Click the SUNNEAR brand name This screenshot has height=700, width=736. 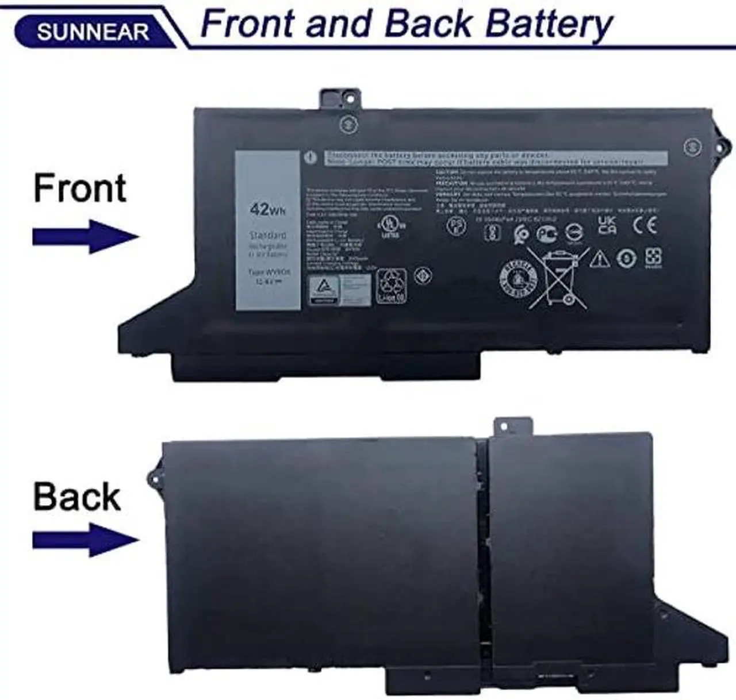point(92,32)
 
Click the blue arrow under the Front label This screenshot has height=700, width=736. point(85,236)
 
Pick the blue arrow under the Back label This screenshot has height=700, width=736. point(85,540)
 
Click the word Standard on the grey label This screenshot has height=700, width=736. point(267,235)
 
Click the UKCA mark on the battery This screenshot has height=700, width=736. point(607,225)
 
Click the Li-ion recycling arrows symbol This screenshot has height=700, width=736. point(391,285)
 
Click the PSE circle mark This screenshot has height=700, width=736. point(456,226)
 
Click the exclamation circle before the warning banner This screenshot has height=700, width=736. point(311,157)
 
